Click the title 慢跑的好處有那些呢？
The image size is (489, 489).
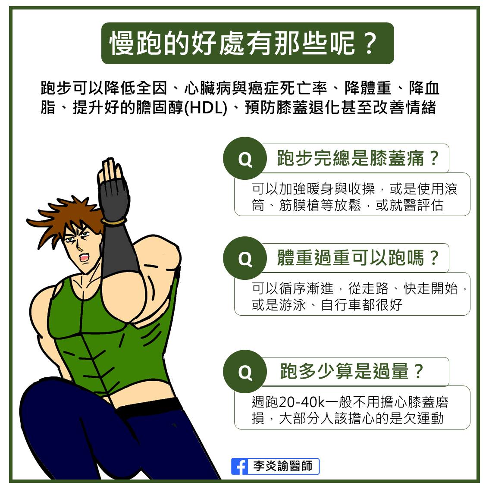coord(244,44)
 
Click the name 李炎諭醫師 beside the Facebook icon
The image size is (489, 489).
coord(282,467)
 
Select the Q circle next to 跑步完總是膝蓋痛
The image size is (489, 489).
coord(244,159)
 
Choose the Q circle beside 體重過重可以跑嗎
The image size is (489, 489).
coord(244,258)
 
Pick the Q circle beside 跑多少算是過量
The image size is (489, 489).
coord(244,371)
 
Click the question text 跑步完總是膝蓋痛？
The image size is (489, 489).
coord(358,158)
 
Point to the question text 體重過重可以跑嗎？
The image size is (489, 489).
coord(358,258)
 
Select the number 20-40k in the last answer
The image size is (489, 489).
coord(301,402)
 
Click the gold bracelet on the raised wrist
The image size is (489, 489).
coord(114,221)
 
